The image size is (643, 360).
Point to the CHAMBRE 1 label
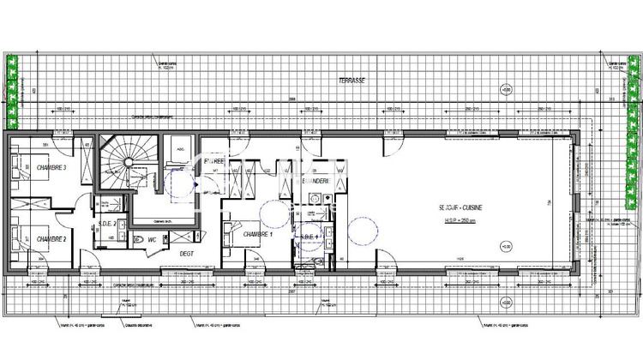(x=257, y=235)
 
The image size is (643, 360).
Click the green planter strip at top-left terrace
(x=12, y=90)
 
